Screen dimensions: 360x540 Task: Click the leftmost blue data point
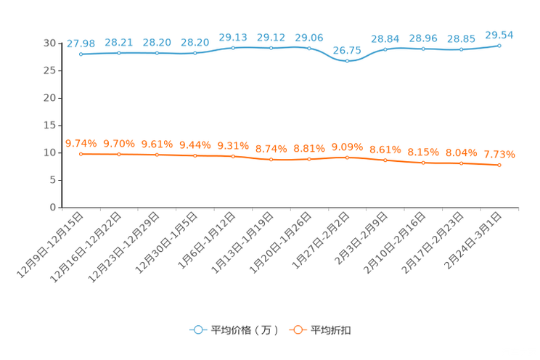click(81, 54)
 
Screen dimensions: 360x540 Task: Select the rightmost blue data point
click(499, 45)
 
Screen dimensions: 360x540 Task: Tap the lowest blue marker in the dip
click(348, 61)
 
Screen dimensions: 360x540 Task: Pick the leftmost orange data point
click(81, 154)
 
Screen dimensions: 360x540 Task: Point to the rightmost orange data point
click(499, 165)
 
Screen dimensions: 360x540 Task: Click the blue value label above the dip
click(346, 49)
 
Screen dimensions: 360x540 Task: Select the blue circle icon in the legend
click(197, 330)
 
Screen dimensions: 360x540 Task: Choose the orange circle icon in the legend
click(296, 330)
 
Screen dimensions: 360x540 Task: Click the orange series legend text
click(332, 330)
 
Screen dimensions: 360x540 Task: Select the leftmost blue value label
click(81, 44)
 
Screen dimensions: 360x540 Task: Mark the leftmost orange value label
click(81, 143)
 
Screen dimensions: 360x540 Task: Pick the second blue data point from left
click(119, 52)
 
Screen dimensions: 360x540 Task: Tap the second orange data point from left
click(119, 155)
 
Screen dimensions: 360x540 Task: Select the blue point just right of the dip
click(385, 49)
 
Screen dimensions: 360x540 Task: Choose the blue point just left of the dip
click(309, 48)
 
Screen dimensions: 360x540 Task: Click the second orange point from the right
click(461, 163)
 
